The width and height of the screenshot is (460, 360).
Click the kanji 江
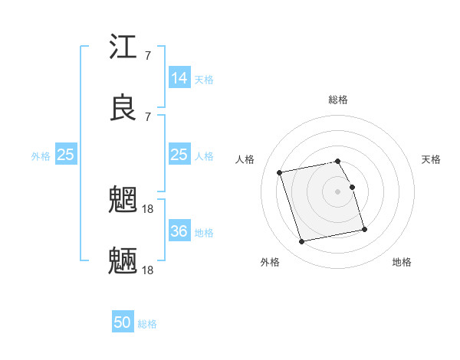click(x=123, y=47)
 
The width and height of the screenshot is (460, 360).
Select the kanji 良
click(x=123, y=109)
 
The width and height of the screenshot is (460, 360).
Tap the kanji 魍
click(x=123, y=201)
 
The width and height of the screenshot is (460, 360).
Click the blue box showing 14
click(x=179, y=77)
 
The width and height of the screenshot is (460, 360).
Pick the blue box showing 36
click(x=179, y=231)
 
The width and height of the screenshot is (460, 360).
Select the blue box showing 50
click(x=123, y=322)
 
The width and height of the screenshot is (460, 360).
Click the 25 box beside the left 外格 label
click(x=65, y=155)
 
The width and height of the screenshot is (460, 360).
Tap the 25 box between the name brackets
click(x=179, y=155)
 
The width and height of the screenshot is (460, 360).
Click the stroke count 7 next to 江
click(x=147, y=55)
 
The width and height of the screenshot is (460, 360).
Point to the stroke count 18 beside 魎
click(x=148, y=270)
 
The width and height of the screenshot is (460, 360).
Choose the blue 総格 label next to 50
click(x=147, y=324)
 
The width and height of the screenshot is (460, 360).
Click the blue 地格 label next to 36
click(x=204, y=232)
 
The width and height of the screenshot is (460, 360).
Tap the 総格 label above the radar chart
click(x=338, y=100)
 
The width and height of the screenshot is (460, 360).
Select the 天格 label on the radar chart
click(x=432, y=159)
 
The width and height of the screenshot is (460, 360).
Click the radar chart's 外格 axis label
click(x=270, y=262)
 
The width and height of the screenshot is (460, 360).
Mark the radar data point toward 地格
click(x=364, y=229)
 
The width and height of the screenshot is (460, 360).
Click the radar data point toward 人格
click(x=280, y=172)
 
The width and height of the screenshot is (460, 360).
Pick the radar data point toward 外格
click(x=301, y=242)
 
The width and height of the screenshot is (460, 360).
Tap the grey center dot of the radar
click(x=338, y=191)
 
